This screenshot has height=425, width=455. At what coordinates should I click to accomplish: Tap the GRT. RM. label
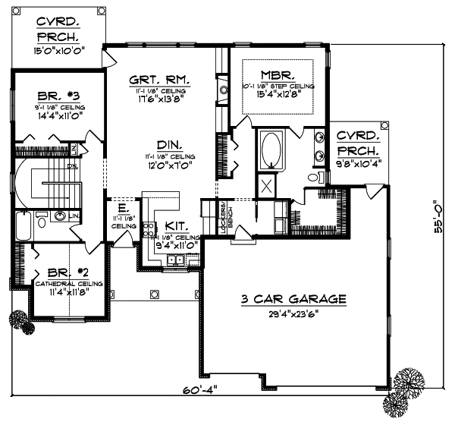158,78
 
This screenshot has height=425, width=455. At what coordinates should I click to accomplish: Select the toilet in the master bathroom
314,176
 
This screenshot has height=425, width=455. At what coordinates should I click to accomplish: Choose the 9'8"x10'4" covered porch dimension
359,162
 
